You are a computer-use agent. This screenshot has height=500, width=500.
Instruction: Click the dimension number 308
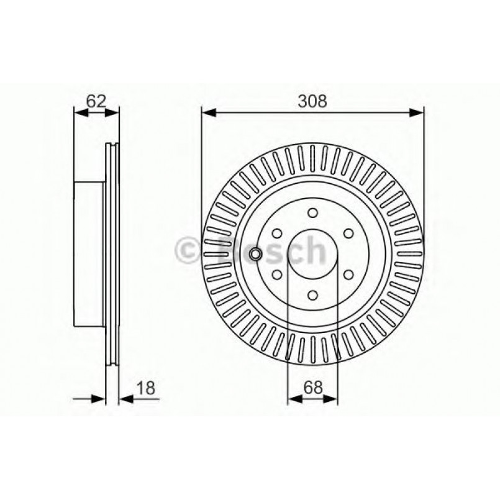312,101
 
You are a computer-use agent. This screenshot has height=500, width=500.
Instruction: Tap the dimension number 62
96,101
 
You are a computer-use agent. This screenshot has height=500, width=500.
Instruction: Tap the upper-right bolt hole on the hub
349,232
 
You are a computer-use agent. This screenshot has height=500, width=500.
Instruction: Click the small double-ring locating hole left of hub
255,254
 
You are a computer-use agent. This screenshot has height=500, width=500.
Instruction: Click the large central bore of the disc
312,254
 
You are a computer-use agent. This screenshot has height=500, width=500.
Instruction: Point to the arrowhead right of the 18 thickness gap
123,398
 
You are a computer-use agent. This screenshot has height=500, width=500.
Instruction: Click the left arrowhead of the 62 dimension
79,112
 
